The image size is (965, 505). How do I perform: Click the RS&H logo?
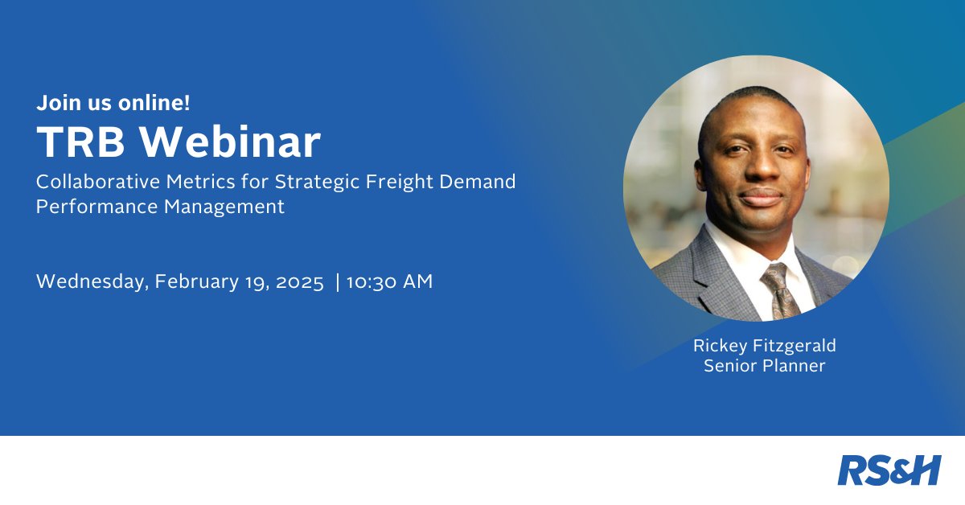pyautogui.click(x=889, y=470)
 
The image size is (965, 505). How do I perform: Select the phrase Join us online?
pyautogui.click(x=113, y=103)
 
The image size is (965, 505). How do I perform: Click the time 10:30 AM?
pyautogui.click(x=390, y=282)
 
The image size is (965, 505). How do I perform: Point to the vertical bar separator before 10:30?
pyautogui.click(x=337, y=282)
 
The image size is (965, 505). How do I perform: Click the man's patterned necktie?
pyautogui.click(x=778, y=289)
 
